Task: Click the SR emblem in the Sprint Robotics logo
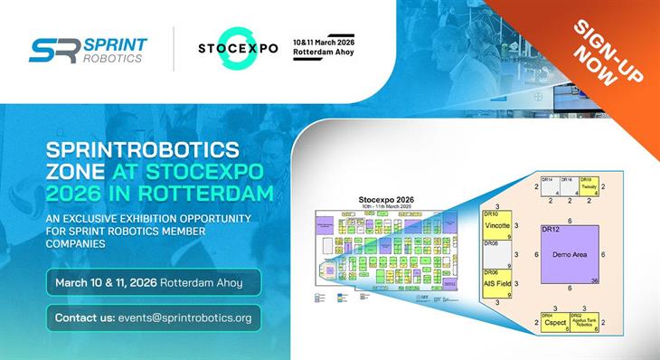pyautogui.click(x=52, y=50)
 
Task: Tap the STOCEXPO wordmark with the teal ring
pyautogui.click(x=238, y=48)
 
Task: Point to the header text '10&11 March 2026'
pyautogui.click(x=324, y=41)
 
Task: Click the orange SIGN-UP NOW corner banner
pyautogui.click(x=604, y=52)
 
